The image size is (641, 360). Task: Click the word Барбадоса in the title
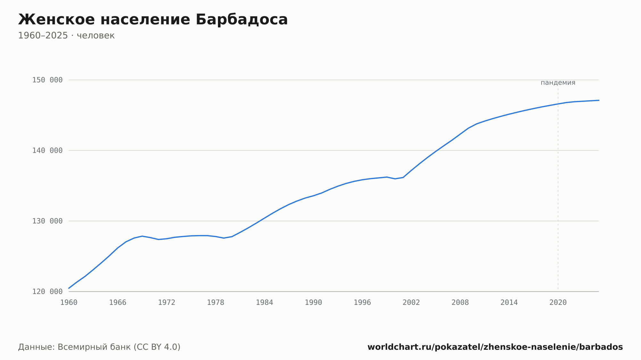[242, 20]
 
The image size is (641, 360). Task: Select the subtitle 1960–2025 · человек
[66, 36]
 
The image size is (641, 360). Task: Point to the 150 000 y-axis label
[47, 80]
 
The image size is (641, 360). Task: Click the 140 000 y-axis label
[47, 151]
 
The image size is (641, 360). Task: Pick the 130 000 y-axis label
[47, 221]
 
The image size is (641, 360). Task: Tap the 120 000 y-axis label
[47, 291]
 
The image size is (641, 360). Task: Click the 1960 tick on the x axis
[69, 303]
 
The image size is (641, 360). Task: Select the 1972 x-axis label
[167, 303]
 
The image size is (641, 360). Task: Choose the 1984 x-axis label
[264, 303]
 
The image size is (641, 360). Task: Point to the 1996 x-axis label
[362, 303]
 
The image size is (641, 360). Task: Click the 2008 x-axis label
[460, 303]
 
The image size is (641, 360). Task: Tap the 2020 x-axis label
[558, 303]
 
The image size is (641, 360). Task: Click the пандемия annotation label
[558, 83]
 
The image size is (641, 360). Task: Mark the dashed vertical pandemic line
[558, 190]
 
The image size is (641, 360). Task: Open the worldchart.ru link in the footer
[495, 347]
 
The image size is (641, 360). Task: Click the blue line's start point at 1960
[69, 288]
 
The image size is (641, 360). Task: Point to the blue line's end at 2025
[599, 100]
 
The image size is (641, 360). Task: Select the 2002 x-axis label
[411, 303]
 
